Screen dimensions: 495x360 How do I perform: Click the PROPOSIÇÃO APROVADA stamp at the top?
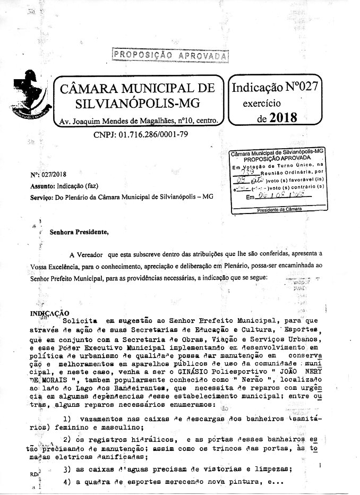coord(170,55)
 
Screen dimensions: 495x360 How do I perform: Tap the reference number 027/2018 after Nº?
coord(54,174)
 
